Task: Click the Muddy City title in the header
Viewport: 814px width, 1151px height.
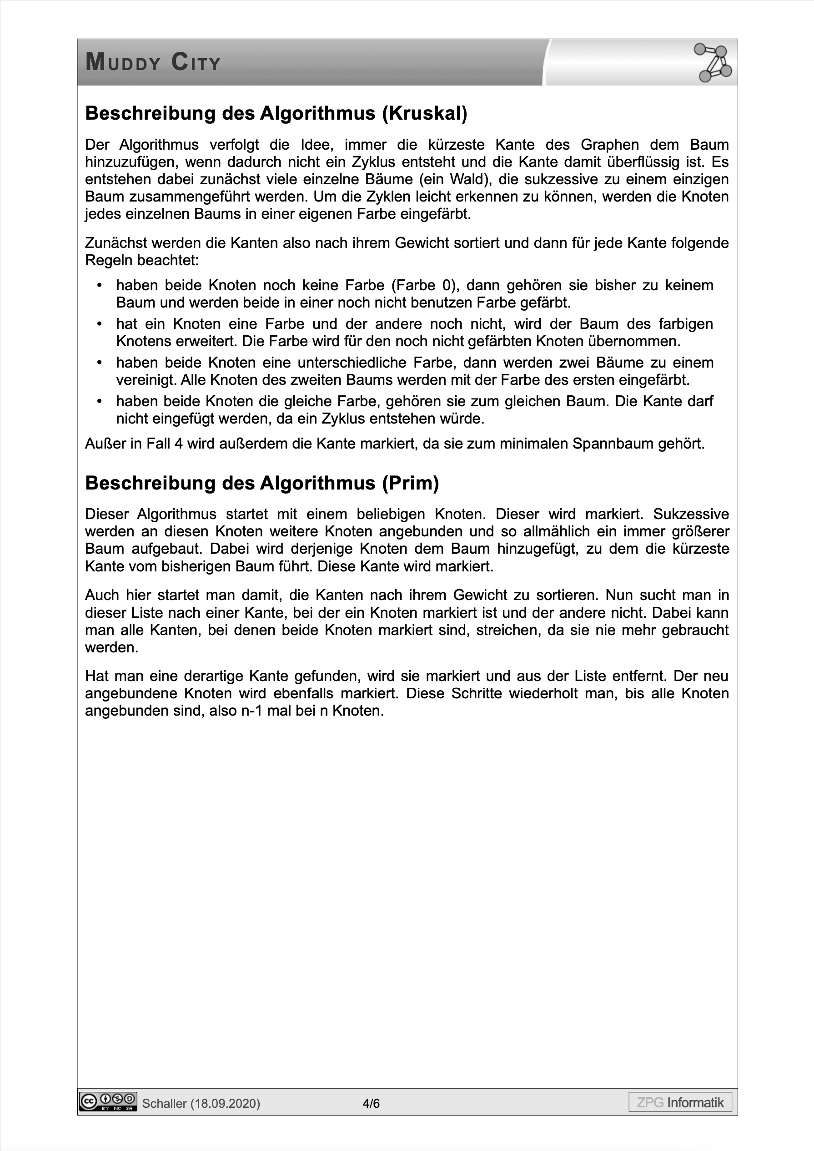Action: pyautogui.click(x=153, y=63)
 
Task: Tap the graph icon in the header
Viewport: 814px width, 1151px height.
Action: pyautogui.click(x=712, y=63)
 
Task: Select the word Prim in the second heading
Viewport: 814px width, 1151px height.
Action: pyautogui.click(x=410, y=483)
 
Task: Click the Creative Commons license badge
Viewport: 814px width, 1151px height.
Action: pyautogui.click(x=108, y=1101)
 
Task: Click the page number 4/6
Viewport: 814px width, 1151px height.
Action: pyautogui.click(x=372, y=1103)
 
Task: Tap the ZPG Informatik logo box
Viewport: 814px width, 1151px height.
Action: pyautogui.click(x=680, y=1102)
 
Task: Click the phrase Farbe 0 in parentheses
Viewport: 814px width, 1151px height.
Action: pyautogui.click(x=425, y=285)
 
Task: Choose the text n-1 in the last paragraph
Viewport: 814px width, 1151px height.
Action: pyautogui.click(x=252, y=711)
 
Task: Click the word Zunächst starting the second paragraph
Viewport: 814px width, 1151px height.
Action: pyautogui.click(x=116, y=243)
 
